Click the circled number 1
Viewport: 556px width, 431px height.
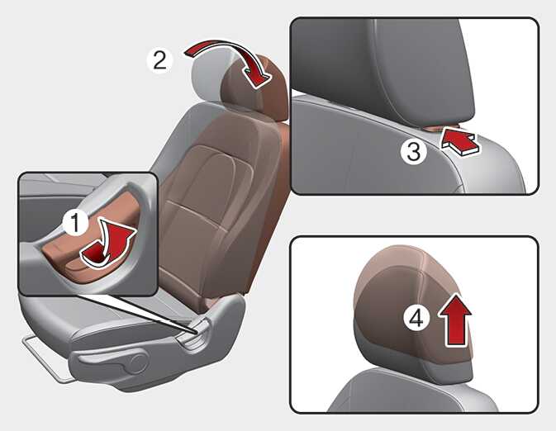(75, 222)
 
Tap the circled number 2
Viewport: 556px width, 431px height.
(159, 60)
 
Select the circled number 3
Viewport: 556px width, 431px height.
(413, 152)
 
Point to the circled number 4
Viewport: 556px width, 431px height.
(416, 317)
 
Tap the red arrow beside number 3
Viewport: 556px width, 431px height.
(461, 141)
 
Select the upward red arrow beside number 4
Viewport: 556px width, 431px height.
(455, 320)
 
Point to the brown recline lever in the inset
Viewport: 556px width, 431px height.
(88, 244)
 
